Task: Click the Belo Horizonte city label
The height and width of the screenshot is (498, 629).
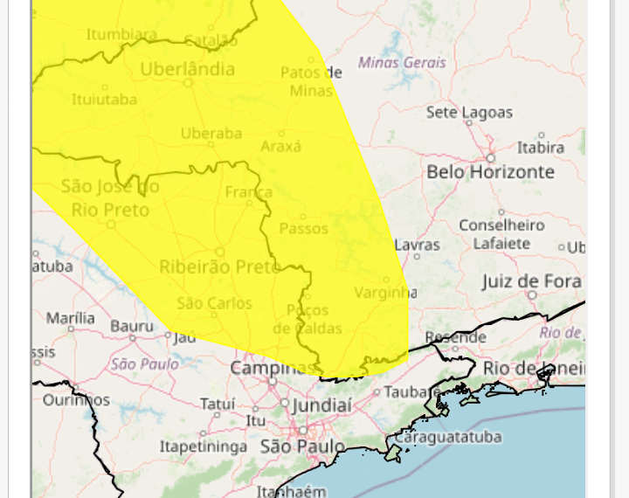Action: tap(490, 172)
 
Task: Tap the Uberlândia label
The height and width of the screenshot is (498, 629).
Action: tap(187, 69)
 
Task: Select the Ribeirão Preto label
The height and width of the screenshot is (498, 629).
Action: tap(219, 266)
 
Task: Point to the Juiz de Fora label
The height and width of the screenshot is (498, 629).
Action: tap(531, 281)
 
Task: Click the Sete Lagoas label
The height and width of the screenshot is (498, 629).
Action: tap(469, 113)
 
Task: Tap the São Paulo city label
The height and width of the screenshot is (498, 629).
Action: tap(303, 446)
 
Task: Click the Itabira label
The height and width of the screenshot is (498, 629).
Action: tap(540, 148)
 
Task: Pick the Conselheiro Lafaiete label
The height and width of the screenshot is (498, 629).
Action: tap(501, 234)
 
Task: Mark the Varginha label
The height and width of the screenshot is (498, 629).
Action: tap(386, 293)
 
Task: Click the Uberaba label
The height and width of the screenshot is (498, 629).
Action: tap(211, 133)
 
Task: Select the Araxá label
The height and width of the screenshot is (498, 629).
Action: tap(280, 147)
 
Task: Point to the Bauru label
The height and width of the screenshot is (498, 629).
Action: tap(132, 326)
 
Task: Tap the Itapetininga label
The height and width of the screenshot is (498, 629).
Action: tap(203, 446)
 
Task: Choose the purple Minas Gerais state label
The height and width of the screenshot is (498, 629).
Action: tap(402, 63)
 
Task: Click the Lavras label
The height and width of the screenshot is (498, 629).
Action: tap(418, 246)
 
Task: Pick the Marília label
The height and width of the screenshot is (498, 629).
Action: tap(71, 317)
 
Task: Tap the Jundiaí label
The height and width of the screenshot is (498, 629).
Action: tap(321, 405)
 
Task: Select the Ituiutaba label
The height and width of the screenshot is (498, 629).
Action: tap(104, 100)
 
